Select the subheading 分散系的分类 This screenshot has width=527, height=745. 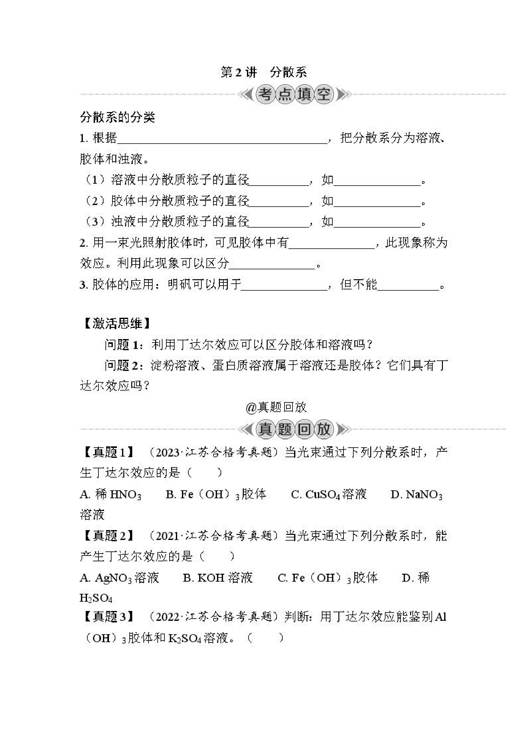point(117,117)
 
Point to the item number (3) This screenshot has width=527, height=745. point(95,222)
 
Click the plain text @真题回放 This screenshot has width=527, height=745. point(276,407)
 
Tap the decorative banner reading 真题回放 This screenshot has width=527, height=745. point(294,429)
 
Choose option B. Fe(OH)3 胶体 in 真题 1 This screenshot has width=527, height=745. point(216,494)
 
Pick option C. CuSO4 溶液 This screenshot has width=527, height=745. point(328,494)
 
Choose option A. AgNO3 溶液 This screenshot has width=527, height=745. point(119,578)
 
